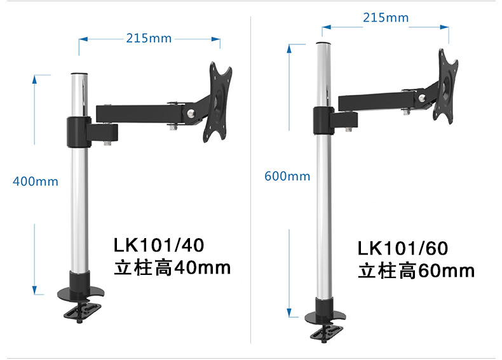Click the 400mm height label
[x=36, y=182]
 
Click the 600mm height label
[x=287, y=177]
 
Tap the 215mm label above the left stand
[x=149, y=38]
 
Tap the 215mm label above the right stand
[x=386, y=18]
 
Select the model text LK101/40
[x=159, y=245]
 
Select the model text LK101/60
[x=403, y=248]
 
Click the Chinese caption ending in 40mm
[x=172, y=268]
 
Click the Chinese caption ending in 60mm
[x=416, y=270]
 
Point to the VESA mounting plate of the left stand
[x=217, y=102]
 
